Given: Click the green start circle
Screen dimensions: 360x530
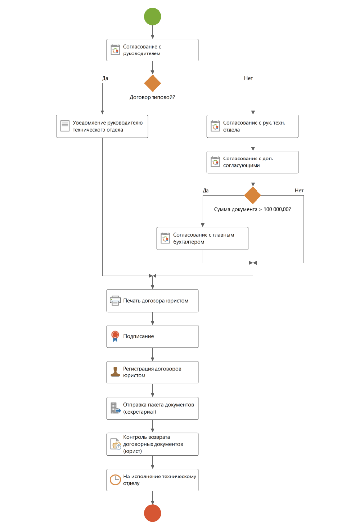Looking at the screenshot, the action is click(153, 16).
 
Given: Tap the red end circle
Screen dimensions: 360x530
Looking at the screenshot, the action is click(153, 513).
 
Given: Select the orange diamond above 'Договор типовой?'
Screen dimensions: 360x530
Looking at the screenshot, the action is click(153, 83).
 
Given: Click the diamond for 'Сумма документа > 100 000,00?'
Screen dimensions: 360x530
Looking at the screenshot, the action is click(253, 195).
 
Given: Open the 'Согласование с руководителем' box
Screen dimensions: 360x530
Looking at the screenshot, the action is click(153, 50).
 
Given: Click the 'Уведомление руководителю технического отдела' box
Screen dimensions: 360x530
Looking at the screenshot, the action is click(102, 126).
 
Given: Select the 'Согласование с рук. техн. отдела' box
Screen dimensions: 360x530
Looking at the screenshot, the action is click(253, 126).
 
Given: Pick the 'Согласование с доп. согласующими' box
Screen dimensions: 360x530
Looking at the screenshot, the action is click(253, 162).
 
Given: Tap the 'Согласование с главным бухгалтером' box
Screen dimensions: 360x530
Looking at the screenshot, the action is click(203, 238).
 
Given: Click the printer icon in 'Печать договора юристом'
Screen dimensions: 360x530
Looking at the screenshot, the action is click(115, 301).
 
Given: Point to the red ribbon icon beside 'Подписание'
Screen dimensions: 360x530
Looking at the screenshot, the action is click(115, 336).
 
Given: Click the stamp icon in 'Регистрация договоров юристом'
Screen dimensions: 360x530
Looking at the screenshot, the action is click(115, 372).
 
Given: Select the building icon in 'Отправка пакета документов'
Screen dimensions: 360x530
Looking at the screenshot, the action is click(115, 408).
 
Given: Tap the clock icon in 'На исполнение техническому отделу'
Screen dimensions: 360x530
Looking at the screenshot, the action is click(115, 479).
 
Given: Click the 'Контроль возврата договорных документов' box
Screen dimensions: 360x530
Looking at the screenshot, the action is click(153, 444).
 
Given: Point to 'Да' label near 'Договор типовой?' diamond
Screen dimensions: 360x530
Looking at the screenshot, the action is click(105, 78).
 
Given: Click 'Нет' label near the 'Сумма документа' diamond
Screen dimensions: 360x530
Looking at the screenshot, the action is click(299, 190).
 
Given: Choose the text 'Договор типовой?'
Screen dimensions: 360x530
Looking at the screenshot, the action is click(153, 97).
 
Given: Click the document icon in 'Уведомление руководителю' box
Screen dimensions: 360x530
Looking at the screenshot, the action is click(65, 126).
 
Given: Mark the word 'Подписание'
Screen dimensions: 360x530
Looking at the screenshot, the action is click(138, 336).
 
